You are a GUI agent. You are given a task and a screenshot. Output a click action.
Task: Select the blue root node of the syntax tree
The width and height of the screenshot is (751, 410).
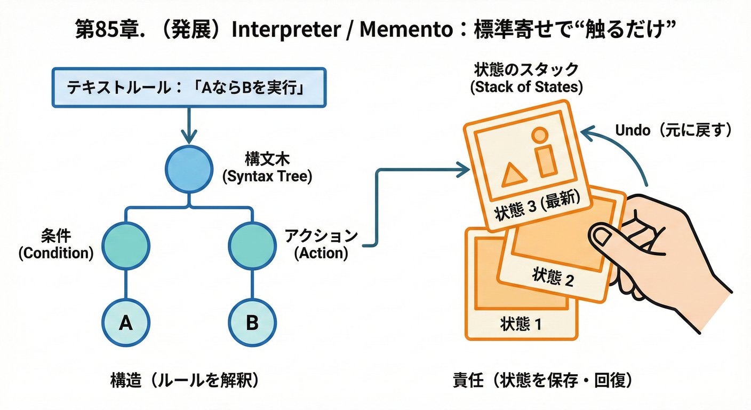click(190, 169)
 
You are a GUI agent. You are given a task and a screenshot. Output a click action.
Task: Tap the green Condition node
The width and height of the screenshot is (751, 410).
click(125, 246)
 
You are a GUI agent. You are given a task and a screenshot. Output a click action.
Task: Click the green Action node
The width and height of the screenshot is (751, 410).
click(252, 246)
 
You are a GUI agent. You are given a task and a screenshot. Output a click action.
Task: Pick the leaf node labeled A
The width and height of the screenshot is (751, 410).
click(125, 322)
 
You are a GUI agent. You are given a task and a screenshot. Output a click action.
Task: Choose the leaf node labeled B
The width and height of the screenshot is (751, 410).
click(252, 322)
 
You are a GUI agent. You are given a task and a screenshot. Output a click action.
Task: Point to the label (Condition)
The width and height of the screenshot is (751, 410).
click(56, 254)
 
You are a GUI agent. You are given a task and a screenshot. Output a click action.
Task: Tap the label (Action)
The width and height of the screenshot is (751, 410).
click(321, 254)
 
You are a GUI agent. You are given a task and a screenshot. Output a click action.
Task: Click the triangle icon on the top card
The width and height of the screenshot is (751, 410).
click(512, 174)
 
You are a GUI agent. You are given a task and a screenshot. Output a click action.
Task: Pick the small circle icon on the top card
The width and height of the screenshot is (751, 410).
click(539, 135)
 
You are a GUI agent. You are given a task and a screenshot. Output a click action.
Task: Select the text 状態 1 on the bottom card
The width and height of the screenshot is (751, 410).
click(521, 323)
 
